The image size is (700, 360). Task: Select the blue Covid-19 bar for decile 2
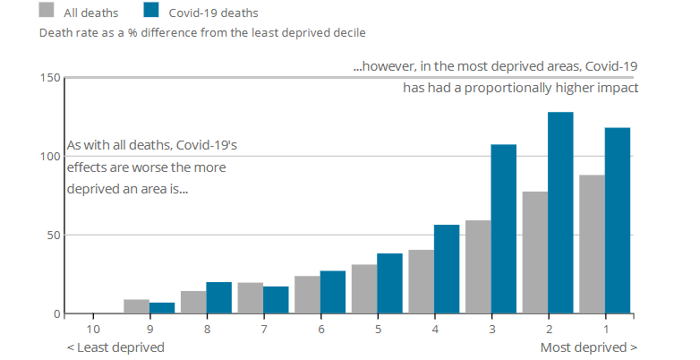click(560, 213)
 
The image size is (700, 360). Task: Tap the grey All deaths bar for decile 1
click(592, 244)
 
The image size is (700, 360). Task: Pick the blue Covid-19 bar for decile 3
click(503, 229)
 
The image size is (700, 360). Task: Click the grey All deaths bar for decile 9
click(136, 306)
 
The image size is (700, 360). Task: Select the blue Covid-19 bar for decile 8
click(218, 298)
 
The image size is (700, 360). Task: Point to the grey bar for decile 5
click(364, 289)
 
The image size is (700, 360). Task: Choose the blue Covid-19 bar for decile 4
click(446, 270)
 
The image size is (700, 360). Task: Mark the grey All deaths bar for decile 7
click(250, 298)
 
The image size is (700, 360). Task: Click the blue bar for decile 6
click(332, 292)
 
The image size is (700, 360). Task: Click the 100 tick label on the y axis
click(49, 157)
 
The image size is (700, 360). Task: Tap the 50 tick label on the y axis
click(52, 236)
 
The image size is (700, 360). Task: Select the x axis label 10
click(91, 329)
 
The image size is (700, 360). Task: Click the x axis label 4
click(434, 329)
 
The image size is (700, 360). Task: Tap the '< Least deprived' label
click(115, 347)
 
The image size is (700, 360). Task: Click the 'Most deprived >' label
click(589, 347)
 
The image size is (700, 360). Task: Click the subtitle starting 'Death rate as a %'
click(201, 32)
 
